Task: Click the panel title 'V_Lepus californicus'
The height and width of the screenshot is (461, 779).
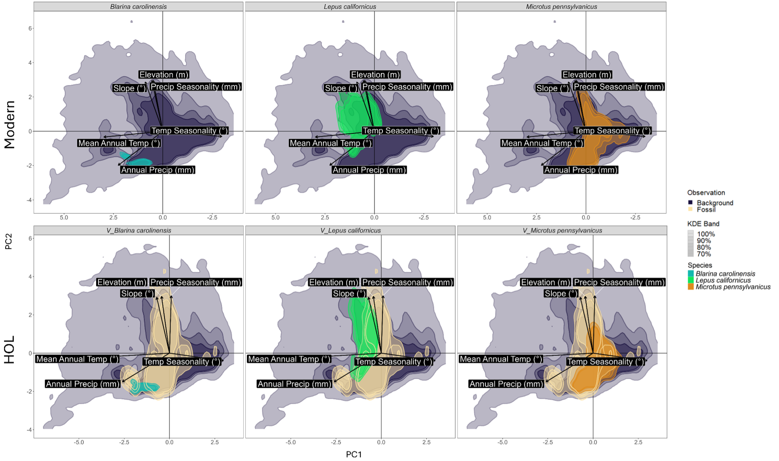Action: click(x=350, y=231)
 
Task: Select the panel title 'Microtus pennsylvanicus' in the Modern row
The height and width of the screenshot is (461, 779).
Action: click(x=561, y=7)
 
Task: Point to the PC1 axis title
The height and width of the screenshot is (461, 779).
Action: click(x=354, y=455)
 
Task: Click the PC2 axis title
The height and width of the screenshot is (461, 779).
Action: click(x=8, y=242)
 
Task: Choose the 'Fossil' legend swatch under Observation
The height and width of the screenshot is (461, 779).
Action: click(x=691, y=209)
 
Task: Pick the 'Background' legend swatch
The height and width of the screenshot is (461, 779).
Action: click(x=691, y=203)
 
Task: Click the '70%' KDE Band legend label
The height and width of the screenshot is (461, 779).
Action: click(x=704, y=254)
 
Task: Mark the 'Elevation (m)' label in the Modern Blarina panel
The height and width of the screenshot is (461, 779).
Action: click(x=164, y=75)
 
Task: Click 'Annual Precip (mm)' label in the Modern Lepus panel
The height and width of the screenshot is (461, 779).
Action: click(x=369, y=170)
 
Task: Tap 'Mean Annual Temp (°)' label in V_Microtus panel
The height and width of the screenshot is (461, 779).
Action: click(x=501, y=359)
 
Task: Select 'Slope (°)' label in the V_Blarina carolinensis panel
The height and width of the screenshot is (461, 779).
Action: click(x=137, y=294)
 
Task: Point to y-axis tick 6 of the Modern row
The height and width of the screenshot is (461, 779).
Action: click(x=30, y=29)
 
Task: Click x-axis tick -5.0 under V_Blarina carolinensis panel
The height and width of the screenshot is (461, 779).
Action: click(x=79, y=442)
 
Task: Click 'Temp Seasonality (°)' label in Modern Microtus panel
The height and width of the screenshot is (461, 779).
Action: click(x=612, y=131)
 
